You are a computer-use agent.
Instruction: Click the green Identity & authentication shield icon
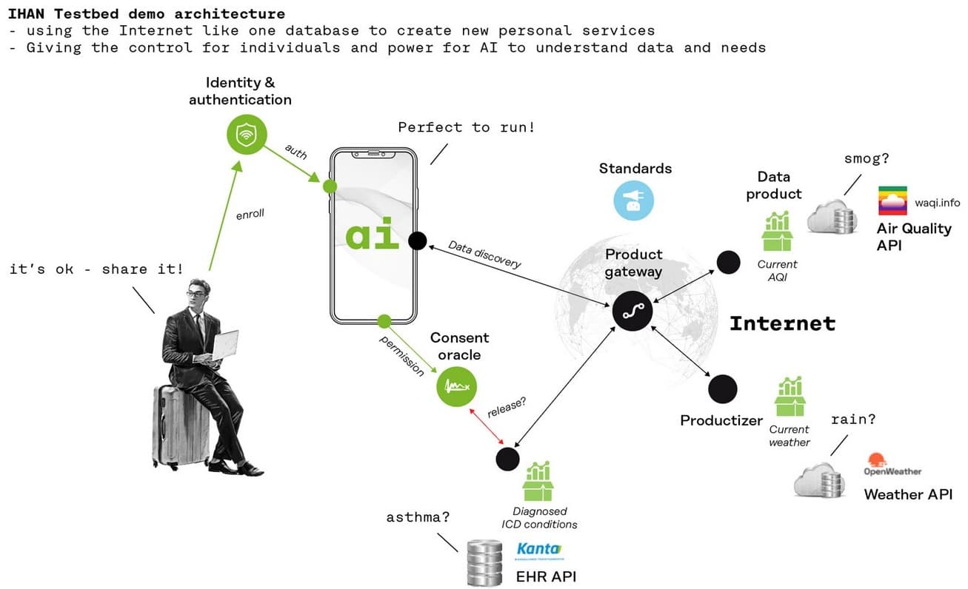click(245, 134)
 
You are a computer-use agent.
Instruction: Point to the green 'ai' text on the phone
click(373, 235)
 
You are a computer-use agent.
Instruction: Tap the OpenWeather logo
click(892, 465)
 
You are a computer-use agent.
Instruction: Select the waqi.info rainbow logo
click(892, 201)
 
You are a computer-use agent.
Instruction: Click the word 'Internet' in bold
click(782, 323)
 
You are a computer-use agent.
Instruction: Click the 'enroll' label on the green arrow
click(250, 215)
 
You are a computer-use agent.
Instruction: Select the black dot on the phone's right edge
click(416, 240)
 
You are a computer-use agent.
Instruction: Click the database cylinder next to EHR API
click(485, 562)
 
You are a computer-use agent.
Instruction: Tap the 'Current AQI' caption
click(777, 269)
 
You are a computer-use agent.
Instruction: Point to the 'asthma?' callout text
click(417, 517)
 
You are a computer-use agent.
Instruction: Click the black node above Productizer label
click(723, 389)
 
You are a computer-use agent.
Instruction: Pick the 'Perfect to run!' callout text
click(466, 127)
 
